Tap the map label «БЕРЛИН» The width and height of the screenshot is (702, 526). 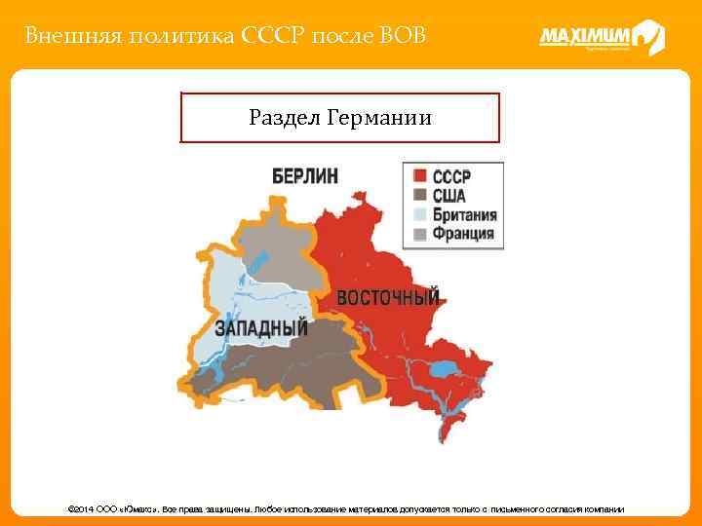(x=305, y=176)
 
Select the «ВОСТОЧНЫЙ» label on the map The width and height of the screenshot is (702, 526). (x=388, y=296)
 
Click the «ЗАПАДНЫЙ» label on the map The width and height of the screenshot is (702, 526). (x=261, y=326)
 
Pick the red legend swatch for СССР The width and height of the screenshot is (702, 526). (x=419, y=176)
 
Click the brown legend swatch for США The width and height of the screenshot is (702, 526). (x=419, y=196)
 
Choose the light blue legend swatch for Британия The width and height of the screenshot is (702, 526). (x=419, y=215)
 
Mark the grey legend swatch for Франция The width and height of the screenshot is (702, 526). (x=419, y=234)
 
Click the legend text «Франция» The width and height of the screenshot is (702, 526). (x=463, y=234)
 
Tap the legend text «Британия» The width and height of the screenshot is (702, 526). (x=465, y=215)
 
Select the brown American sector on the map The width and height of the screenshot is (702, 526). (x=283, y=365)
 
